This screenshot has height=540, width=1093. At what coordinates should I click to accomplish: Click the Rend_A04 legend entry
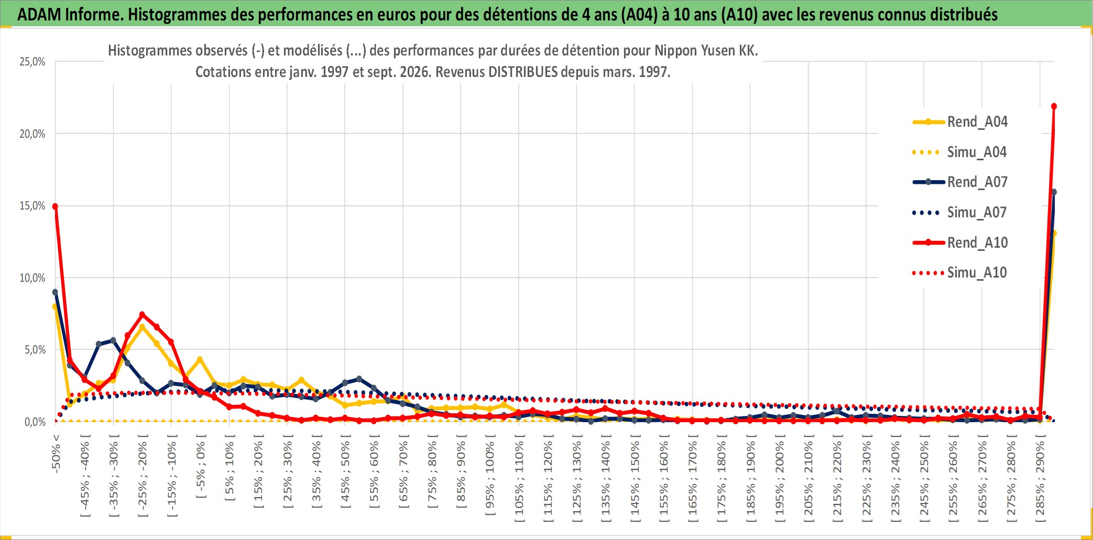(960, 122)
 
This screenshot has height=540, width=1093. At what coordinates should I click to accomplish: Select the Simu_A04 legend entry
(960, 152)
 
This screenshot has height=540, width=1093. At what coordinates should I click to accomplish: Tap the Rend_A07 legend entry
(960, 182)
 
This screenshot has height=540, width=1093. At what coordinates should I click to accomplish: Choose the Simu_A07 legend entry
(960, 213)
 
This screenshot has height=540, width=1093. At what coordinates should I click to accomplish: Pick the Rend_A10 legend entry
(960, 243)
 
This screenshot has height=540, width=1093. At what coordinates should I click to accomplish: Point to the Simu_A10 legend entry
(960, 273)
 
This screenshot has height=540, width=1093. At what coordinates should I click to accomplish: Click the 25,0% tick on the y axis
(32, 62)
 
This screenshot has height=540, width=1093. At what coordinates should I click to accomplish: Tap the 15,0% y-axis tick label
(32, 206)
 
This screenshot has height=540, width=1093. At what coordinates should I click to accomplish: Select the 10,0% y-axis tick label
(32, 278)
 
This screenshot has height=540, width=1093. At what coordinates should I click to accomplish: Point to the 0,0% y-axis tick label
(35, 422)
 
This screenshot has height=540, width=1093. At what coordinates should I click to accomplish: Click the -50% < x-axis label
(56, 454)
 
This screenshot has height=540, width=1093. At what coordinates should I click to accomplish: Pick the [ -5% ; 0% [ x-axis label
(201, 466)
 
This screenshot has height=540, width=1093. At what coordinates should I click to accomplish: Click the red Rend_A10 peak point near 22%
(1054, 106)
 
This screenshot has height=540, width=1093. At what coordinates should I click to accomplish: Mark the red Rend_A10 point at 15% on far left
(55, 206)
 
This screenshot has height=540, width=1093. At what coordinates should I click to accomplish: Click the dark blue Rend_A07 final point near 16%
(1054, 192)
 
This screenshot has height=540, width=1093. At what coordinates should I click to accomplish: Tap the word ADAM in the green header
(39, 14)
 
